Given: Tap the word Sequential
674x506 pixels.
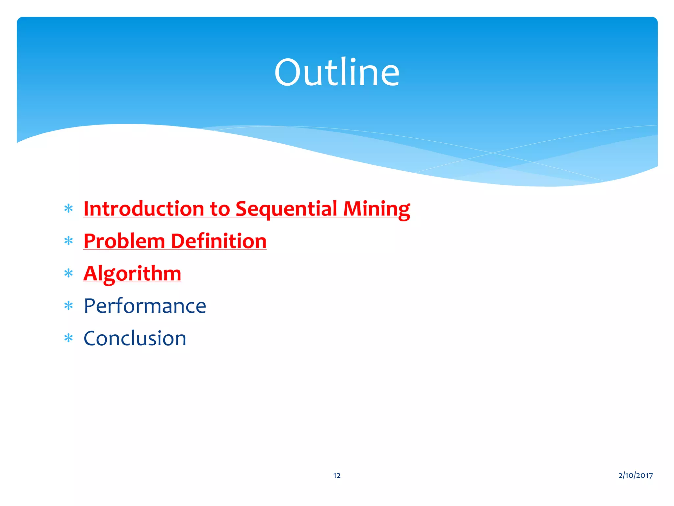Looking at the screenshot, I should [x=286, y=209].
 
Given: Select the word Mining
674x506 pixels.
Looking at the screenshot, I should [x=376, y=209].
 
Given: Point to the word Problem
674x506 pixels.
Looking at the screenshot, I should [x=124, y=241].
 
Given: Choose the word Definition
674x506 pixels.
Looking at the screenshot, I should [x=219, y=241].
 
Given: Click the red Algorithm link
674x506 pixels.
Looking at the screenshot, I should [x=132, y=273].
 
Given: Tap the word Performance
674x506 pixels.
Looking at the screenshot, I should [x=145, y=306].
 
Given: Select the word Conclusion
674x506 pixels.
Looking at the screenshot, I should [x=135, y=338].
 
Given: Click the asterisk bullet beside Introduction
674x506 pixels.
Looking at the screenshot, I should [x=68, y=209].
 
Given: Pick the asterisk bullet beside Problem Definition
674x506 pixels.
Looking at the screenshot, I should [x=68, y=241].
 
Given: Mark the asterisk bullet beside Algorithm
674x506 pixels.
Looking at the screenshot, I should [x=68, y=273].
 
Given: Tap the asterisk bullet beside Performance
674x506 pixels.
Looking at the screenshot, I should [x=68, y=306].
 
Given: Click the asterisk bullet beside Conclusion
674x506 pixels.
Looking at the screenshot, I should [x=68, y=338].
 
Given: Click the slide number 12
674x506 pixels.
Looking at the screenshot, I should [x=337, y=475].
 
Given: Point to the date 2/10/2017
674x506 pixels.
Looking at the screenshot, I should [x=635, y=475].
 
